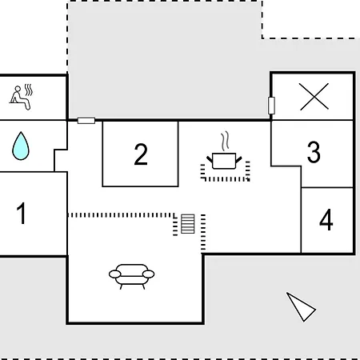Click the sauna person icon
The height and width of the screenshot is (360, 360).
pos(21,97)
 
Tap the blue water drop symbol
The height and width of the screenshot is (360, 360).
pos(21,146)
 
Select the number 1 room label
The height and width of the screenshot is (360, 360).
pos(21,213)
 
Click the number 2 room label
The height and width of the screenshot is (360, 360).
pos(141,154)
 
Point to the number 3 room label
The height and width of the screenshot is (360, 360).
pos(314,152)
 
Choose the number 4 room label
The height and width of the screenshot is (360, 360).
pos(326,220)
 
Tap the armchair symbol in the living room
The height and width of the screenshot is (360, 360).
pos(131,277)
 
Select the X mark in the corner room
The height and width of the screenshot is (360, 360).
pos(314,96)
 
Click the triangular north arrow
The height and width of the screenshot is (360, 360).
pos(301,307)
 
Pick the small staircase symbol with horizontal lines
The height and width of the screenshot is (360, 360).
pos(188,224)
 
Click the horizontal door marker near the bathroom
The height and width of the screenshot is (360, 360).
pos(86,121)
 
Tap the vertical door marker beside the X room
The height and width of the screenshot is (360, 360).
pos(271,106)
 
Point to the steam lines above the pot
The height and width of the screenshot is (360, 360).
pos(226,141)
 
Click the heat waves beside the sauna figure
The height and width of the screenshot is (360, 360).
pos(29,90)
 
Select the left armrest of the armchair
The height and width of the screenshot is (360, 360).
pos(115,274)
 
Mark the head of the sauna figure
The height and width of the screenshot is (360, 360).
pos(18,89)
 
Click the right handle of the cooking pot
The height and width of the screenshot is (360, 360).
pos(238,160)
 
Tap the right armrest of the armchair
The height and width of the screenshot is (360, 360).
pos(149,274)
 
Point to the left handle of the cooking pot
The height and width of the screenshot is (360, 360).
pos(210,160)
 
